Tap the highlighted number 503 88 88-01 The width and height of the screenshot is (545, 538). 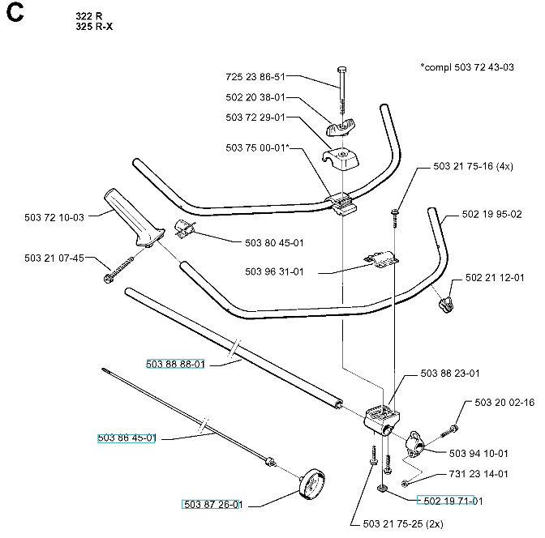point(175,365)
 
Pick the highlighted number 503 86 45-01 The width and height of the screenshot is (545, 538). point(126,438)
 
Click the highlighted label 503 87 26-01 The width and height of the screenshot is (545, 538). point(212,505)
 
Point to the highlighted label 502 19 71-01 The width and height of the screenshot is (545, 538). point(449,501)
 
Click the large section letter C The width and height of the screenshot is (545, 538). point(18,19)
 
